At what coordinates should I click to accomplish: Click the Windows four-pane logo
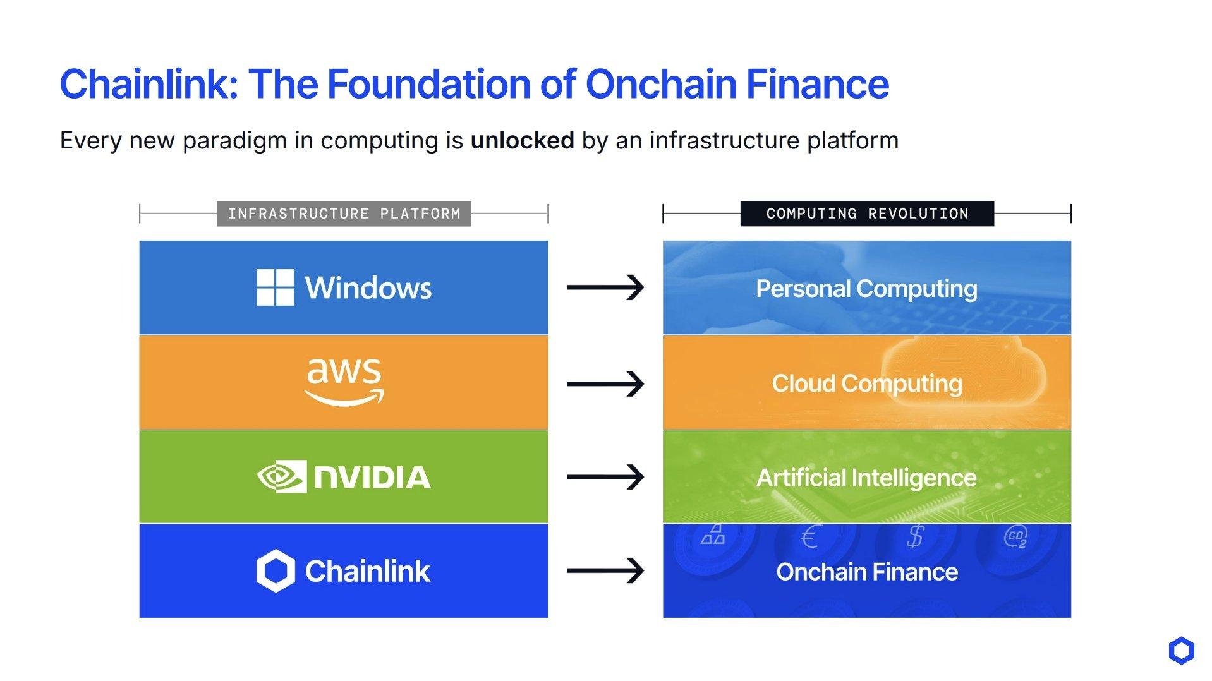click(275, 287)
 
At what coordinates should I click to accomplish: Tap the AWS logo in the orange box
click(344, 382)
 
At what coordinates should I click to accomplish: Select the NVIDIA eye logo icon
click(282, 476)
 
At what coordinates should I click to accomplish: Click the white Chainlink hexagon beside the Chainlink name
click(276, 571)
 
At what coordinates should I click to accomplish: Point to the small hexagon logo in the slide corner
click(1181, 651)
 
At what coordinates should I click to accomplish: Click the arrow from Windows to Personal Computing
click(605, 287)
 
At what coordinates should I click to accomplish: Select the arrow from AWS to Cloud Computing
click(605, 383)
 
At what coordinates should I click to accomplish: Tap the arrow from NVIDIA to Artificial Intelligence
click(605, 477)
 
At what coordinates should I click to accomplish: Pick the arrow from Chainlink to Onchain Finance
click(605, 571)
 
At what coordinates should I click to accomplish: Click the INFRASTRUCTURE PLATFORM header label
click(344, 214)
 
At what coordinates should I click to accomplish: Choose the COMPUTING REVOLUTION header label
click(867, 214)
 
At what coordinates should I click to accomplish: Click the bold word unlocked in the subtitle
click(523, 140)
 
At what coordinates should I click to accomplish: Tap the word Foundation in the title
click(430, 84)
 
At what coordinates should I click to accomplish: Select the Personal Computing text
click(867, 289)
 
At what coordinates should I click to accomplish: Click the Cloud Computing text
click(867, 383)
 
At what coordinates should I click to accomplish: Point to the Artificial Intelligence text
click(867, 478)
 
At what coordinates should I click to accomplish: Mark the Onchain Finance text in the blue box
click(867, 572)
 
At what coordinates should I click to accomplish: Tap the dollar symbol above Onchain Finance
click(914, 537)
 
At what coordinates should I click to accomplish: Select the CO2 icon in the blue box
click(1015, 536)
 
